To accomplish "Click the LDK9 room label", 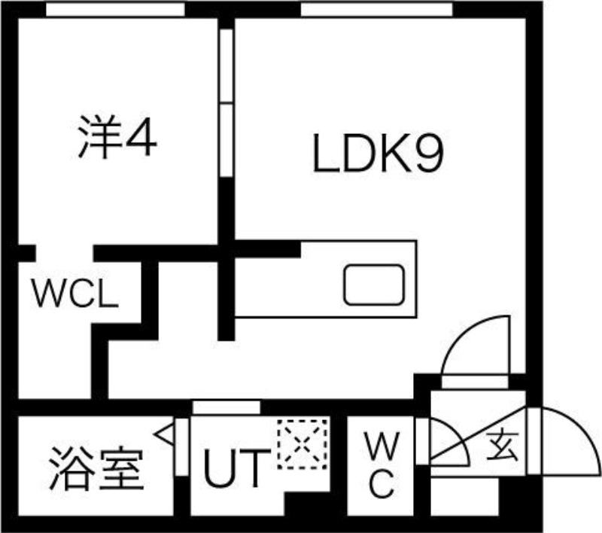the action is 379,153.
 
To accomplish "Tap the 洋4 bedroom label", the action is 117,136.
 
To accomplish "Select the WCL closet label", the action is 75,294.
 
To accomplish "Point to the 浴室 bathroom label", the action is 96,468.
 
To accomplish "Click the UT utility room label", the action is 237,468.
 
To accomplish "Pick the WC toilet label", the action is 382,464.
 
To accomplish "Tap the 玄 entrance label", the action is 503,446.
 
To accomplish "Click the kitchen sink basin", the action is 374,285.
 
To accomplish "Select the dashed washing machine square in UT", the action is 303,444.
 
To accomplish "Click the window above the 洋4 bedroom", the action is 116,10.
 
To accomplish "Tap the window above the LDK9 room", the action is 377,10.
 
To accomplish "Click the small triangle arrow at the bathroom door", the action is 164,434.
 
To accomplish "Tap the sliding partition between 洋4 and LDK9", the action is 227,103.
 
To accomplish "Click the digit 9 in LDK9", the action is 430,153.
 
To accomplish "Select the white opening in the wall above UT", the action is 227,407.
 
